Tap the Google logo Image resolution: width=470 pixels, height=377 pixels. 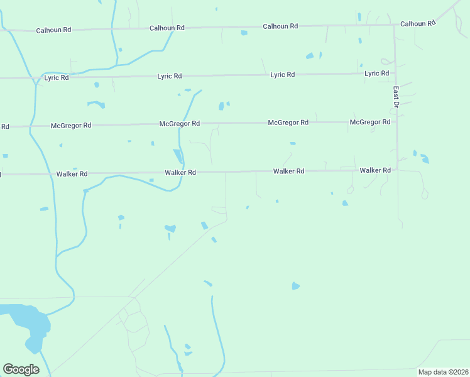click(x=21, y=369)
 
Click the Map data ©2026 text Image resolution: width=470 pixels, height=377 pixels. click(x=442, y=372)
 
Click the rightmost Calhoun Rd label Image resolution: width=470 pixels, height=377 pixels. click(x=418, y=24)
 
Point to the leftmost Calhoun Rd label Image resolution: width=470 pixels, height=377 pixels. click(x=53, y=30)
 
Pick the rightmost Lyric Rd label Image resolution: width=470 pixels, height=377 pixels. click(x=377, y=74)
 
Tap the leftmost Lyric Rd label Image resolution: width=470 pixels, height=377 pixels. click(x=57, y=78)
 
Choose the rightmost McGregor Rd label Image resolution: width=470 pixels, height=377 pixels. click(x=370, y=122)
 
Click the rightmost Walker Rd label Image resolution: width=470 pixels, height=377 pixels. click(x=375, y=170)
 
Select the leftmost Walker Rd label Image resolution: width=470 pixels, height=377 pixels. click(x=72, y=173)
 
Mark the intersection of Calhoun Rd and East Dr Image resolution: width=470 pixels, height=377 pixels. click(x=394, y=25)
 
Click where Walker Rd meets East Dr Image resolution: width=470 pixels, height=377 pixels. click(x=397, y=169)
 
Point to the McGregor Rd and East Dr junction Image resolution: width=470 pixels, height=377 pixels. click(x=396, y=122)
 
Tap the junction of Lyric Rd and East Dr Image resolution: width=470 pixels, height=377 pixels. click(x=395, y=74)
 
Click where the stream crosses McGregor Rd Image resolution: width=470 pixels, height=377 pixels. click(x=184, y=124)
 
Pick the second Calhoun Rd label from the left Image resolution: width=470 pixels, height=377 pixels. click(x=167, y=28)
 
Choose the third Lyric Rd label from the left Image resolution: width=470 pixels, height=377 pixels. click(x=283, y=75)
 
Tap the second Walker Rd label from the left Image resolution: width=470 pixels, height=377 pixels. click(x=180, y=172)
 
